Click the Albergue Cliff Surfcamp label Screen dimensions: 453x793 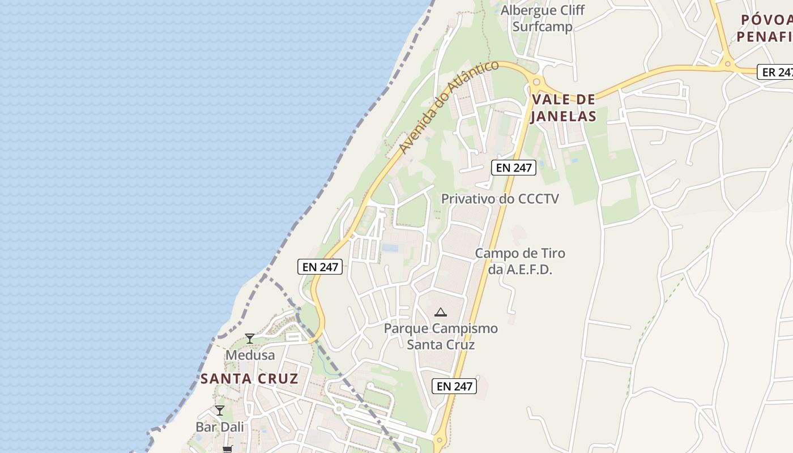click(x=542, y=18)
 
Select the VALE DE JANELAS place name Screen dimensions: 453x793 click(x=564, y=108)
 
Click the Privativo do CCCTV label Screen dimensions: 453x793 click(x=500, y=199)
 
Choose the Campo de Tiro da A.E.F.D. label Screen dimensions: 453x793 click(x=519, y=261)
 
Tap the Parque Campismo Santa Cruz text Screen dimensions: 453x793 click(x=441, y=336)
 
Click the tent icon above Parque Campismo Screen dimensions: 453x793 click(x=440, y=311)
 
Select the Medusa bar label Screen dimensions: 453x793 click(x=250, y=355)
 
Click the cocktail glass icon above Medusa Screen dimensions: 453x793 click(x=250, y=339)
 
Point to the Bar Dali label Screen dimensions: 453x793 click(x=220, y=426)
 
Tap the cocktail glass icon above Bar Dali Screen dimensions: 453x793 click(x=220, y=410)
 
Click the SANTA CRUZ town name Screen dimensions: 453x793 click(x=249, y=378)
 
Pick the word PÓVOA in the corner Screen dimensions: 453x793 click(x=765, y=20)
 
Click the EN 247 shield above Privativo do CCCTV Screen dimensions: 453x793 click(x=513, y=167)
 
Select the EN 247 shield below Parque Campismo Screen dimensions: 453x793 click(x=454, y=386)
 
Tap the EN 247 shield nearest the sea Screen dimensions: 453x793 click(x=320, y=267)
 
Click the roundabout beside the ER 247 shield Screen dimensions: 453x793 click(x=728, y=63)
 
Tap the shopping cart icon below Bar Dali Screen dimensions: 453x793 click(x=227, y=449)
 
